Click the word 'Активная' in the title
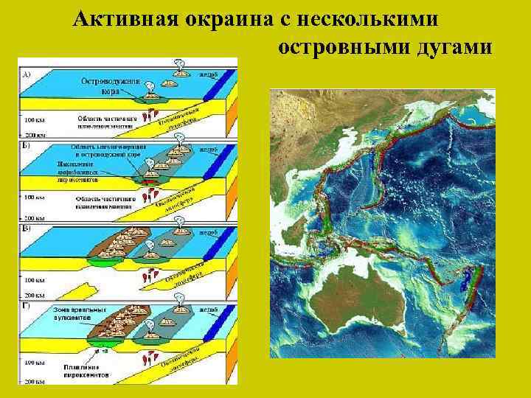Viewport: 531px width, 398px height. pos(121,19)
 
